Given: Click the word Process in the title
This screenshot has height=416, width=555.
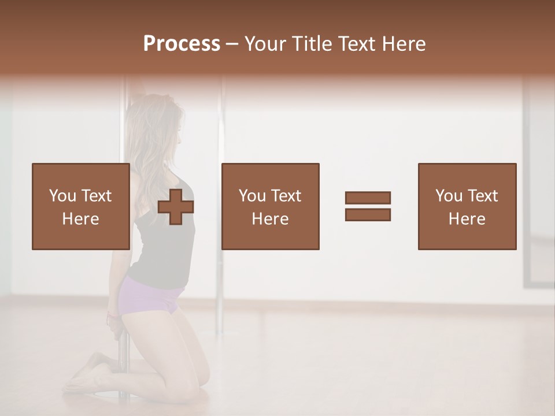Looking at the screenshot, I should (182, 44).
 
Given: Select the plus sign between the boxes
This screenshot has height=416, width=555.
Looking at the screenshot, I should (176, 206).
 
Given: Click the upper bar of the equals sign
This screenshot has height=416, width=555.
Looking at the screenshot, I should (368, 198).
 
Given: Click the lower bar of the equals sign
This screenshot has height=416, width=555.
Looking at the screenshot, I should (368, 214).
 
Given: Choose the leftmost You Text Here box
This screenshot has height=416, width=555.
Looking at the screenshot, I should (80, 206).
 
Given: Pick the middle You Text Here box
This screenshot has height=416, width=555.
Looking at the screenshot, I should (270, 206).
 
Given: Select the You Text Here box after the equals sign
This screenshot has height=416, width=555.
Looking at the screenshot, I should (467, 206).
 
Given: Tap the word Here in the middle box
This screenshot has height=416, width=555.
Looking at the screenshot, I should (270, 219).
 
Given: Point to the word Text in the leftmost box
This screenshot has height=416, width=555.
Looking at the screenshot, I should (96, 196).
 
